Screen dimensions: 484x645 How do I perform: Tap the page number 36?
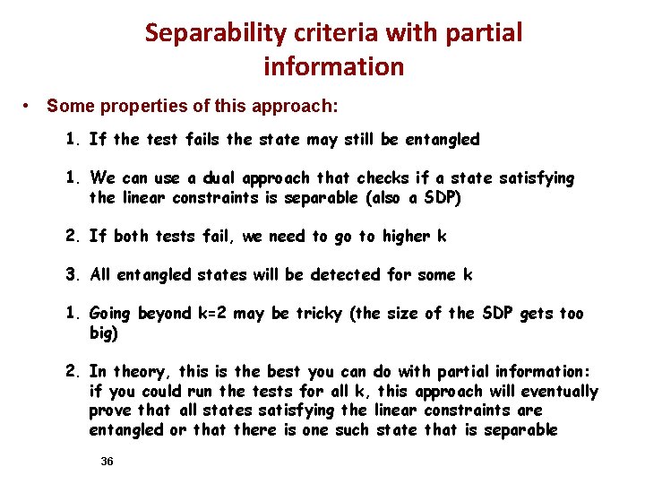(x=107, y=461)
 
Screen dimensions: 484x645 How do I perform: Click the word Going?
(x=110, y=314)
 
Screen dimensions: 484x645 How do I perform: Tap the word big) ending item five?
(x=104, y=333)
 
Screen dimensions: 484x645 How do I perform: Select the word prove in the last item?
(x=108, y=411)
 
